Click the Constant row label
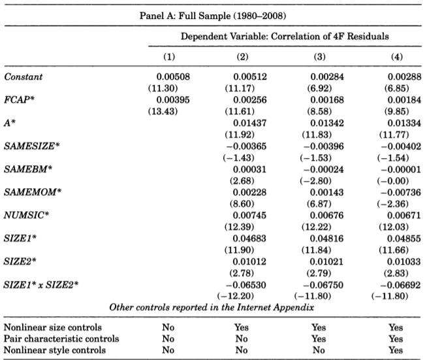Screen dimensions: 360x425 pos(24,76)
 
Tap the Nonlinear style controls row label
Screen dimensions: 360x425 pos(55,350)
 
